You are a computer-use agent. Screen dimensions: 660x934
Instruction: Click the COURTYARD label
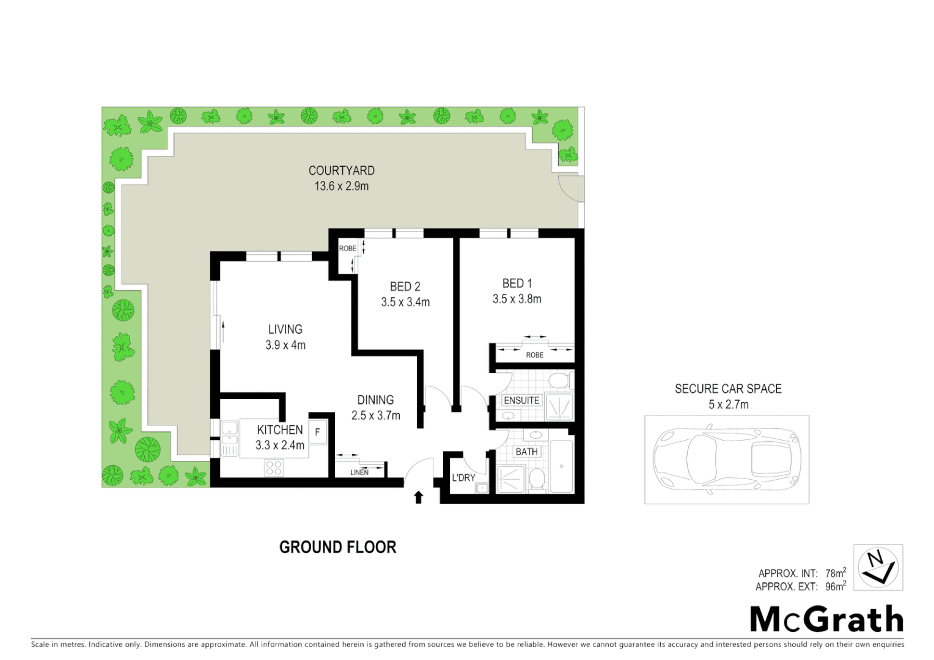[x=341, y=171]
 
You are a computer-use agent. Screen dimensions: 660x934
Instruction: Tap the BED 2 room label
[x=405, y=287]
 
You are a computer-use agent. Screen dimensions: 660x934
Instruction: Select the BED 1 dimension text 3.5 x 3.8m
[x=517, y=299]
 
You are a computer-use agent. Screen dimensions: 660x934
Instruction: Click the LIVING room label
[x=285, y=329]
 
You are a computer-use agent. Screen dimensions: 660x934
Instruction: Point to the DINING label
[x=375, y=400]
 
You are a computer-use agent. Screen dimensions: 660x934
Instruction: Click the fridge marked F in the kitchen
[x=317, y=432]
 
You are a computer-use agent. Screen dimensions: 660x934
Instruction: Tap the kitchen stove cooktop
[x=273, y=468]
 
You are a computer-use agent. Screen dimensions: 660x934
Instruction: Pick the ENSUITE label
[x=521, y=400]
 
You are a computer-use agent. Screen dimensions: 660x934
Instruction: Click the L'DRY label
[x=463, y=478]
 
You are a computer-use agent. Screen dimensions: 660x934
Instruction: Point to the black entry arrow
[x=419, y=497]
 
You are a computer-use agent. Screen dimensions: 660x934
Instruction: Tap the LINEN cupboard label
[x=359, y=472]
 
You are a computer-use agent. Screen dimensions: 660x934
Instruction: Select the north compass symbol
[x=878, y=567]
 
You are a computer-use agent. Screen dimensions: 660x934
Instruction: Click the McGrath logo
[x=826, y=620]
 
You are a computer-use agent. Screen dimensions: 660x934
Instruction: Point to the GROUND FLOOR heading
[x=337, y=547]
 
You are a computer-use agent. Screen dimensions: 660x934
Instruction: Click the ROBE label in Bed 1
[x=534, y=355]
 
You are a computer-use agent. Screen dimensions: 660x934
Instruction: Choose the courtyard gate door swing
[x=571, y=188]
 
